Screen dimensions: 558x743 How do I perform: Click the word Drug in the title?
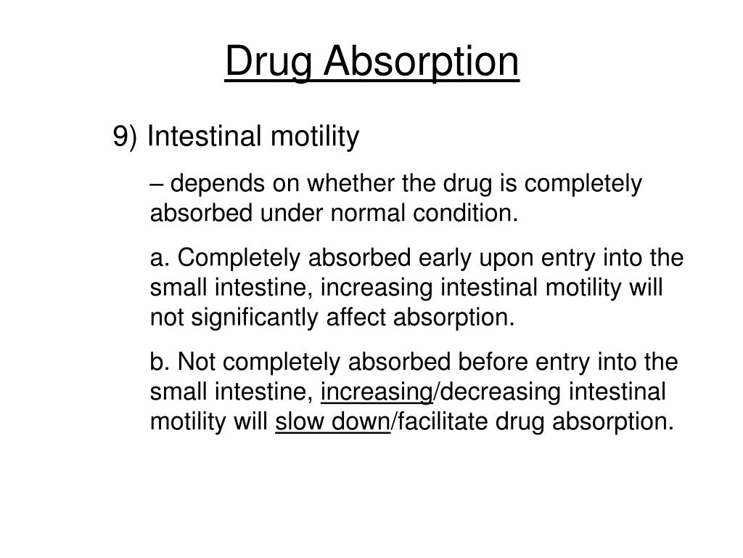[266, 62]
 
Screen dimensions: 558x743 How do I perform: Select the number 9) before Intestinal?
[126, 137]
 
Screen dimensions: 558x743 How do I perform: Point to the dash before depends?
[157, 185]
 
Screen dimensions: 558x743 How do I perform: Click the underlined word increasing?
[377, 392]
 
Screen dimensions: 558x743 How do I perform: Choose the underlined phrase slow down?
[332, 421]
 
